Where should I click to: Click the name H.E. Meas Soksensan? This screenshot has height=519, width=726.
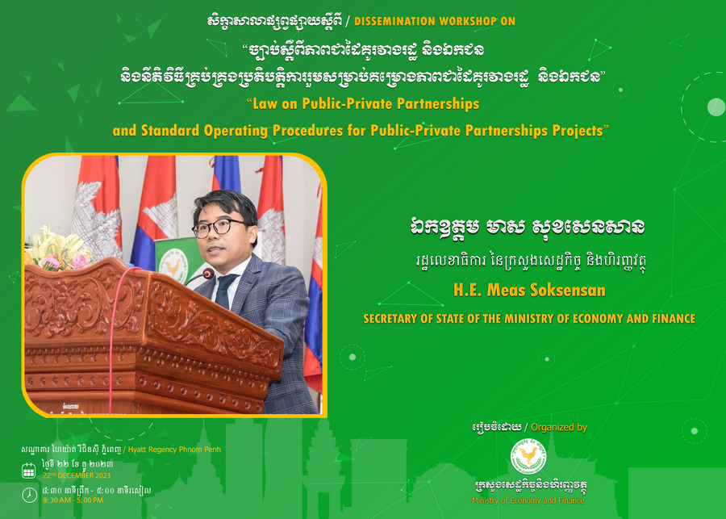click(529, 290)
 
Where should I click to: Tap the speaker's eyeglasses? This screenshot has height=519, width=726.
click(219, 228)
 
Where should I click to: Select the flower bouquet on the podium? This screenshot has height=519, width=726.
click(58, 249)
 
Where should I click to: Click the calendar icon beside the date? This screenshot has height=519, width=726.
click(29, 471)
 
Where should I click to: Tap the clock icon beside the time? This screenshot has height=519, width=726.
click(29, 495)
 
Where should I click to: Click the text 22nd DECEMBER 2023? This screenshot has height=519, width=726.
click(77, 475)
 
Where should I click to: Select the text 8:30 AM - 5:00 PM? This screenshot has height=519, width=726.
click(73, 500)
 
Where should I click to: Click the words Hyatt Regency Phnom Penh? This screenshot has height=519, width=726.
click(174, 450)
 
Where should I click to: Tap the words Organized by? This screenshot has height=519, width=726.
click(559, 427)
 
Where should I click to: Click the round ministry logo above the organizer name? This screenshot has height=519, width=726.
click(528, 456)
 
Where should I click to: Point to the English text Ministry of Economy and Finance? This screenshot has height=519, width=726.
click(528, 500)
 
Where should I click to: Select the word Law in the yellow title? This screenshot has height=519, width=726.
click(265, 103)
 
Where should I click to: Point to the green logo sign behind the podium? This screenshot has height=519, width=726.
click(174, 260)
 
